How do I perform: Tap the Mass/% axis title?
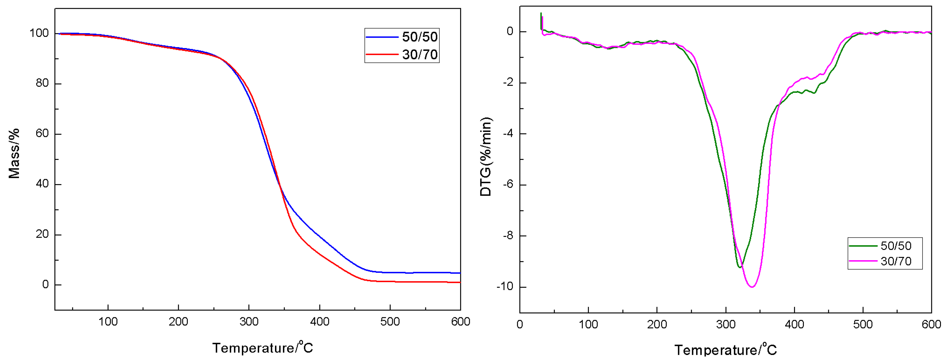pyautogui.click(x=14, y=153)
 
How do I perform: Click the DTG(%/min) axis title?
pyautogui.click(x=486, y=157)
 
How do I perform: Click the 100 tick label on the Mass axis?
pyautogui.click(x=39, y=33)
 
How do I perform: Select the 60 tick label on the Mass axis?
pyautogui.click(x=42, y=134)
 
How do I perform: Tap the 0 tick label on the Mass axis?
pyautogui.click(x=45, y=284)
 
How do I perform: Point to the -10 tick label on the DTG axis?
pyautogui.click(x=505, y=287)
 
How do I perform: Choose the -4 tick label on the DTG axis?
pyautogui.click(x=507, y=134)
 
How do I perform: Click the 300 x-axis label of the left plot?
pyautogui.click(x=249, y=322)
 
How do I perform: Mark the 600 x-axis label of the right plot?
pyautogui.click(x=931, y=325)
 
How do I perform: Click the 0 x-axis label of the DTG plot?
pyautogui.click(x=519, y=325)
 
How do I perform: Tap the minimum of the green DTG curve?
pyautogui.click(x=740, y=267)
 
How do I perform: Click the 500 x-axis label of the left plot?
pyautogui.click(x=390, y=322)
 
